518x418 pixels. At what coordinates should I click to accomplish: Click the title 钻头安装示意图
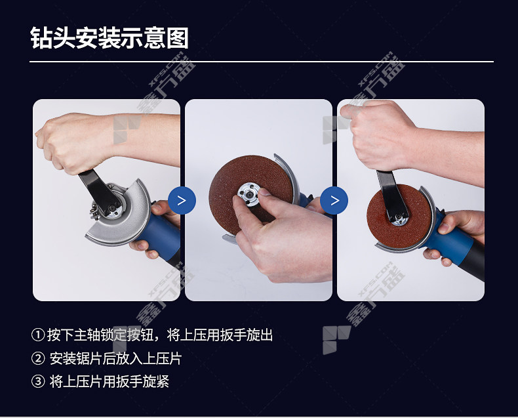coord(110,38)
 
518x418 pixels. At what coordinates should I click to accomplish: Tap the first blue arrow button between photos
coord(182,200)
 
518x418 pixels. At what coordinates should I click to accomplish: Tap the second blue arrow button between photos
coord(334,200)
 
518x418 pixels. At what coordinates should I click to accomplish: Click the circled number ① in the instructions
coord(38,335)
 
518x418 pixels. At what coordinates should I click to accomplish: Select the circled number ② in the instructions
coord(38,358)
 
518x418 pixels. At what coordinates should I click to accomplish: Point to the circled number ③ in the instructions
coord(38,381)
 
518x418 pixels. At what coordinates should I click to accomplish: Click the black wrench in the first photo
coord(99,192)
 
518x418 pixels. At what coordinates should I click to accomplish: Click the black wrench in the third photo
coord(392,195)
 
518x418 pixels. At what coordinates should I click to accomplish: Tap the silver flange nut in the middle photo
coord(249,195)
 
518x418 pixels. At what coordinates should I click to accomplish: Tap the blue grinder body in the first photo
coord(162,232)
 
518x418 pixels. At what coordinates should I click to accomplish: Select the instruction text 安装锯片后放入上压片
coord(115,358)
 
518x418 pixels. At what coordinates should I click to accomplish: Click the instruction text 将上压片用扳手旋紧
coord(110,381)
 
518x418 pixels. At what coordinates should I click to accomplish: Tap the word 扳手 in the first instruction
coord(233,335)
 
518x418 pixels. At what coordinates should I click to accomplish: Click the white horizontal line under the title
coord(262,62)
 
